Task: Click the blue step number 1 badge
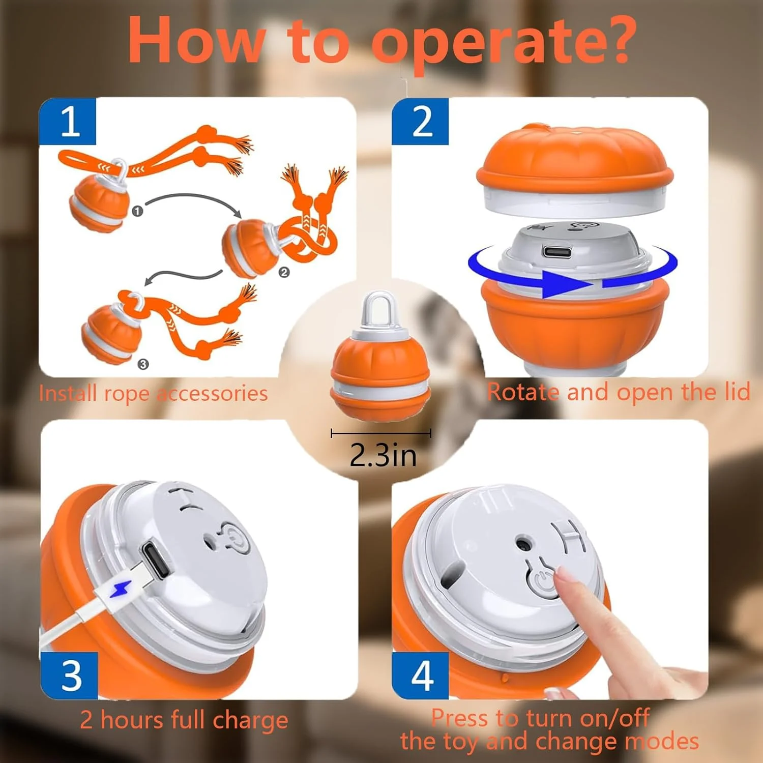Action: [x=68, y=122]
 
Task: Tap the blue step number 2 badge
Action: [x=420, y=122]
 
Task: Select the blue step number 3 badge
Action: [x=69, y=676]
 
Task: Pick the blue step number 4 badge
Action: [x=420, y=676]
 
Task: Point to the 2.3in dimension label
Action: [x=383, y=454]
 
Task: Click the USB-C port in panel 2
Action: [x=557, y=251]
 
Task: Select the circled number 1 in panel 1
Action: [x=137, y=211]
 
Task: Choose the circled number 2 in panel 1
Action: [x=284, y=273]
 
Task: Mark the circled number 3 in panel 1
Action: [x=143, y=364]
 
